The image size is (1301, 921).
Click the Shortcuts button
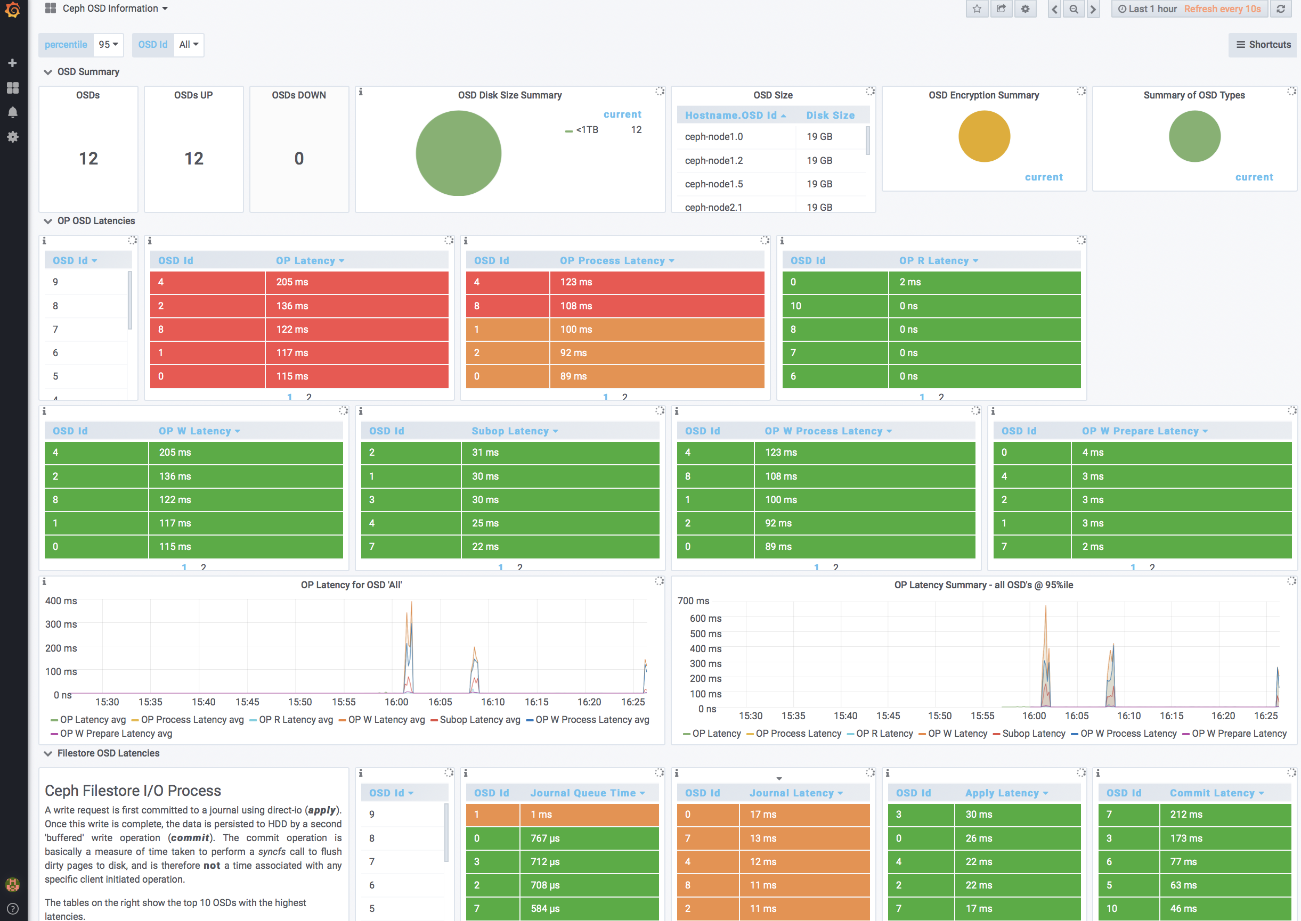pyautogui.click(x=1264, y=45)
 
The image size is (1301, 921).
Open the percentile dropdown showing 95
pyautogui.click(x=108, y=45)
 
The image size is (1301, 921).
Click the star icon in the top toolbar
pyautogui.click(x=977, y=9)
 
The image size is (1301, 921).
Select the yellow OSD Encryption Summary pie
pyautogui.click(x=984, y=136)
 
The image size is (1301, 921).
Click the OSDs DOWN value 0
pyautogui.click(x=299, y=159)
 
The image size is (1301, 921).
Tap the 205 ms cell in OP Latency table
pyautogui.click(x=292, y=282)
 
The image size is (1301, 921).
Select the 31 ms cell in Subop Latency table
pyautogui.click(x=485, y=453)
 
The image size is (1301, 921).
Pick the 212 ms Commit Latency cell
pyautogui.click(x=1186, y=815)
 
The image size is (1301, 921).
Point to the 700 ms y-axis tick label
pyautogui.click(x=693, y=601)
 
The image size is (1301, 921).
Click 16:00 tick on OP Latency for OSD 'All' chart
pyautogui.click(x=396, y=702)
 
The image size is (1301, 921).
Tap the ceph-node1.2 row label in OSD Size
pyautogui.click(x=714, y=160)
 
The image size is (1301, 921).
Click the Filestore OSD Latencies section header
pyautogui.click(x=108, y=753)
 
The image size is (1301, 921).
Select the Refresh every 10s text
pyautogui.click(x=1222, y=9)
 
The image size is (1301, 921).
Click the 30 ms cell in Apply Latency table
pyautogui.click(x=979, y=815)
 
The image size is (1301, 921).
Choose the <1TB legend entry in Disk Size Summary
pyautogui.click(x=586, y=130)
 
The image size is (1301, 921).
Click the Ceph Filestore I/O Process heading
pyautogui.click(x=133, y=791)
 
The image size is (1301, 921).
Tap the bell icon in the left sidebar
pyautogui.click(x=12, y=112)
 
